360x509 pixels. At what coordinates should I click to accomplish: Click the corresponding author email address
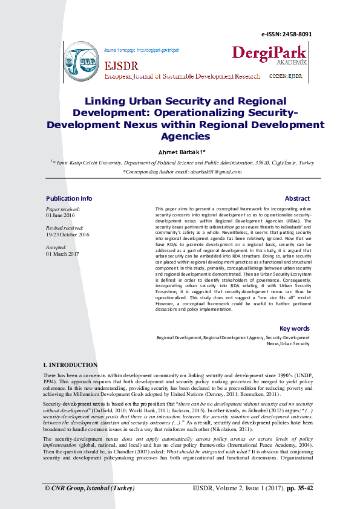tap(203, 172)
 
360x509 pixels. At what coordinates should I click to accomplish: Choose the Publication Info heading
tap(69, 198)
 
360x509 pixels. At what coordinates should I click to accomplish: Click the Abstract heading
tap(297, 198)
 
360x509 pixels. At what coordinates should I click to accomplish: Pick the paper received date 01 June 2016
tap(62, 215)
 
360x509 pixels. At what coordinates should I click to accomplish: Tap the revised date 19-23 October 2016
tap(67, 234)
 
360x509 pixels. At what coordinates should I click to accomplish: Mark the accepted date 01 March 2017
tap(63, 253)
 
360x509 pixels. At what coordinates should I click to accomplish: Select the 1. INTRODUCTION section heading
tap(70, 365)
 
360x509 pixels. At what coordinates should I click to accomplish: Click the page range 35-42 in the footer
tap(301, 488)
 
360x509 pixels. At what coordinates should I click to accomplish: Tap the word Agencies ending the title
tap(180, 137)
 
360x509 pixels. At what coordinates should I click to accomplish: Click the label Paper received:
tap(63, 209)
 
